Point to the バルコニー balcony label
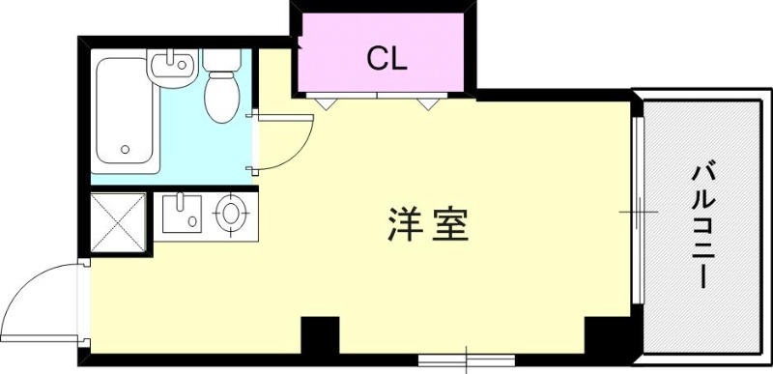pyautogui.click(x=701, y=226)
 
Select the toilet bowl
pyautogui.click(x=221, y=98)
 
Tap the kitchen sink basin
pyautogui.click(x=181, y=214)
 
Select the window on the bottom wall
pyautogui.click(x=468, y=361)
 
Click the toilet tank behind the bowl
pyautogui.click(x=222, y=61)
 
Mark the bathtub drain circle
pyautogui.click(x=125, y=150)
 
